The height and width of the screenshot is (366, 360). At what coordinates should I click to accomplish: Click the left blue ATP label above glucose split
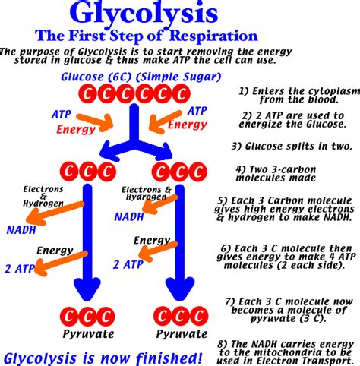62,113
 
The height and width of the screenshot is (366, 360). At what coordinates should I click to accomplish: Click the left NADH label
20,229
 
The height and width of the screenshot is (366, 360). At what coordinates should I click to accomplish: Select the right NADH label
128,216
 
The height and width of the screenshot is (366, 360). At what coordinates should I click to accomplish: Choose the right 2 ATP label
128,264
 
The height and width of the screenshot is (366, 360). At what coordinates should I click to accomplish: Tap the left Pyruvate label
88,334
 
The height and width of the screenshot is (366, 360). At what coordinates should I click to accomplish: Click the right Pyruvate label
181,334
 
